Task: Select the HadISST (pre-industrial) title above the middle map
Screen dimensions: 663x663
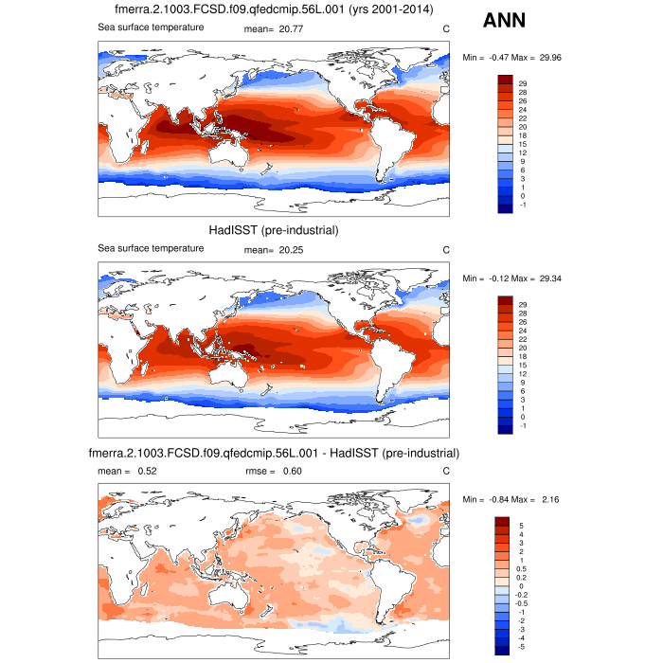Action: pos(274,230)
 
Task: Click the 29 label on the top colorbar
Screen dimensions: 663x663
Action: pos(522,84)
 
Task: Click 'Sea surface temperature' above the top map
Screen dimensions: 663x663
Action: pos(152,27)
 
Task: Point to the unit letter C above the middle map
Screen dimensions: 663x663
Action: pos(446,249)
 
